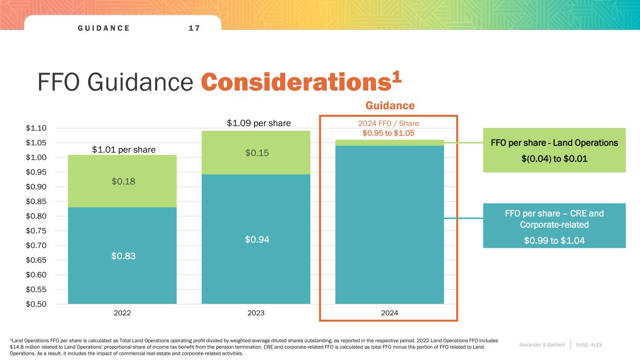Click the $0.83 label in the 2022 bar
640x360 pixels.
point(122,256)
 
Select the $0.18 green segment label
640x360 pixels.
point(122,181)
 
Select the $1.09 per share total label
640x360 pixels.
point(259,123)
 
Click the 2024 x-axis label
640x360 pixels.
point(389,313)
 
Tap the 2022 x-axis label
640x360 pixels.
point(122,313)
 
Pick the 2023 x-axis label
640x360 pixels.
point(256,313)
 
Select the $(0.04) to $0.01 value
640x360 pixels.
point(554,160)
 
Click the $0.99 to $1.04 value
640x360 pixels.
point(554,241)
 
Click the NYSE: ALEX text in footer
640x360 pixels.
point(589,345)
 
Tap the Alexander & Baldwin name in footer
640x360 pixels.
point(542,345)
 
